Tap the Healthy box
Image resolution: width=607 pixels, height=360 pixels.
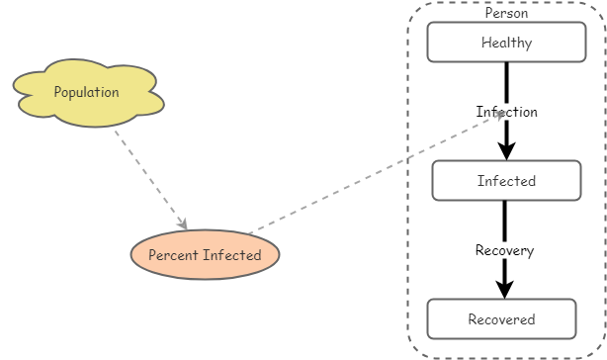pos(506,43)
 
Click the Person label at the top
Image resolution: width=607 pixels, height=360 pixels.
pos(506,13)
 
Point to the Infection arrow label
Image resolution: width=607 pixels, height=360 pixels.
pos(506,112)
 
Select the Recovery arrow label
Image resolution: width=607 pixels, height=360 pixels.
pos(504,250)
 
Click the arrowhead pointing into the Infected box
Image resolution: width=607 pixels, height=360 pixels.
pos(506,151)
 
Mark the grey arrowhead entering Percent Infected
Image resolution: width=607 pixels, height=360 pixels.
pos(182,225)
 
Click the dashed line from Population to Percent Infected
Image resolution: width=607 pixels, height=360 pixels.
pos(148,176)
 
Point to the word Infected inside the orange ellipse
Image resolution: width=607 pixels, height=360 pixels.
pos(233,255)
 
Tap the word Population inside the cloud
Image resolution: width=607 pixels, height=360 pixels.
pos(86,92)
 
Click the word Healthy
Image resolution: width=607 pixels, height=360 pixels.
pos(506,43)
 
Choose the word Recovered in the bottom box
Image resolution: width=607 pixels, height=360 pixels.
pos(501,319)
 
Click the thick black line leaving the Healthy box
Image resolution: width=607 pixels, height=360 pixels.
pos(506,79)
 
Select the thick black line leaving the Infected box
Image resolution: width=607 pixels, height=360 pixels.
pos(504,220)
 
